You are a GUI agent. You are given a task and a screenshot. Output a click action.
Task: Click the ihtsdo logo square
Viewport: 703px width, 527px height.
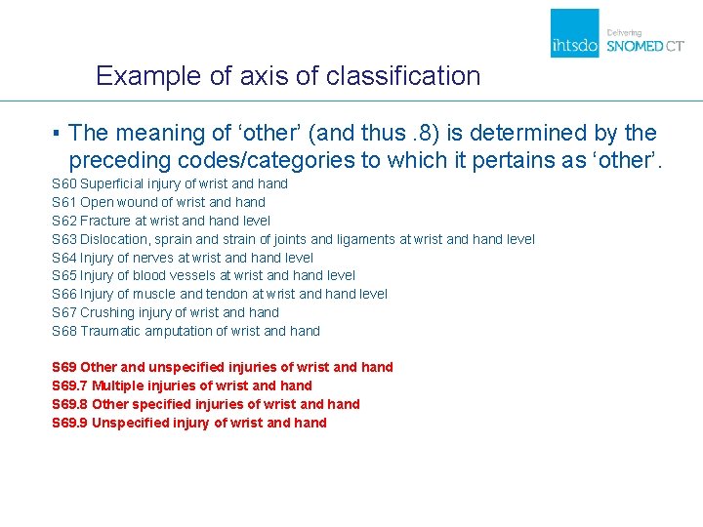[574, 33]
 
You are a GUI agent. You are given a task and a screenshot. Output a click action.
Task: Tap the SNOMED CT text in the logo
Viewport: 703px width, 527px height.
[645, 46]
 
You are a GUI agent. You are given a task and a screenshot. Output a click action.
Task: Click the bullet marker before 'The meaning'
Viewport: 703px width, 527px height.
[58, 133]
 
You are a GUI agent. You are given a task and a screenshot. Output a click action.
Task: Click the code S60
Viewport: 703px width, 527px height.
[63, 183]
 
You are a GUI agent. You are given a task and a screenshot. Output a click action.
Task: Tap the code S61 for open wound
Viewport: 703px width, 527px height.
[63, 202]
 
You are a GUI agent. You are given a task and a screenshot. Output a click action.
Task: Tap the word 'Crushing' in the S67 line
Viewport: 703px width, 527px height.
[108, 312]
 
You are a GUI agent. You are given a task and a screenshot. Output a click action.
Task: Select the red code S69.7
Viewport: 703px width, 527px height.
[68, 385]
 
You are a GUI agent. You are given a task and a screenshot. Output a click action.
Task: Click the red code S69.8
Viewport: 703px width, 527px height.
[68, 404]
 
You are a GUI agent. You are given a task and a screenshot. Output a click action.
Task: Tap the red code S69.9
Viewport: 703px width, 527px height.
[68, 423]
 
